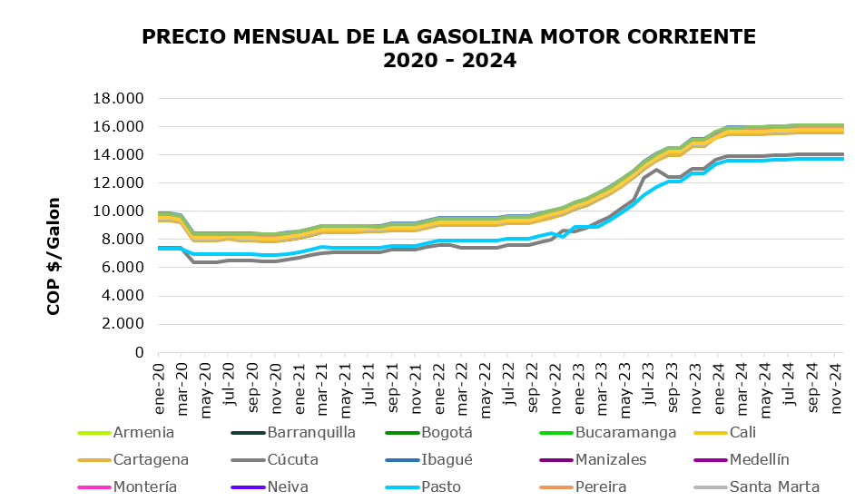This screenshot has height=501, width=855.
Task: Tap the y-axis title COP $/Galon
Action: point(54,256)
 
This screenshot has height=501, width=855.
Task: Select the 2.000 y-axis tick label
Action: point(124,324)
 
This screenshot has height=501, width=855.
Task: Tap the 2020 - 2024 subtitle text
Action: point(449,62)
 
